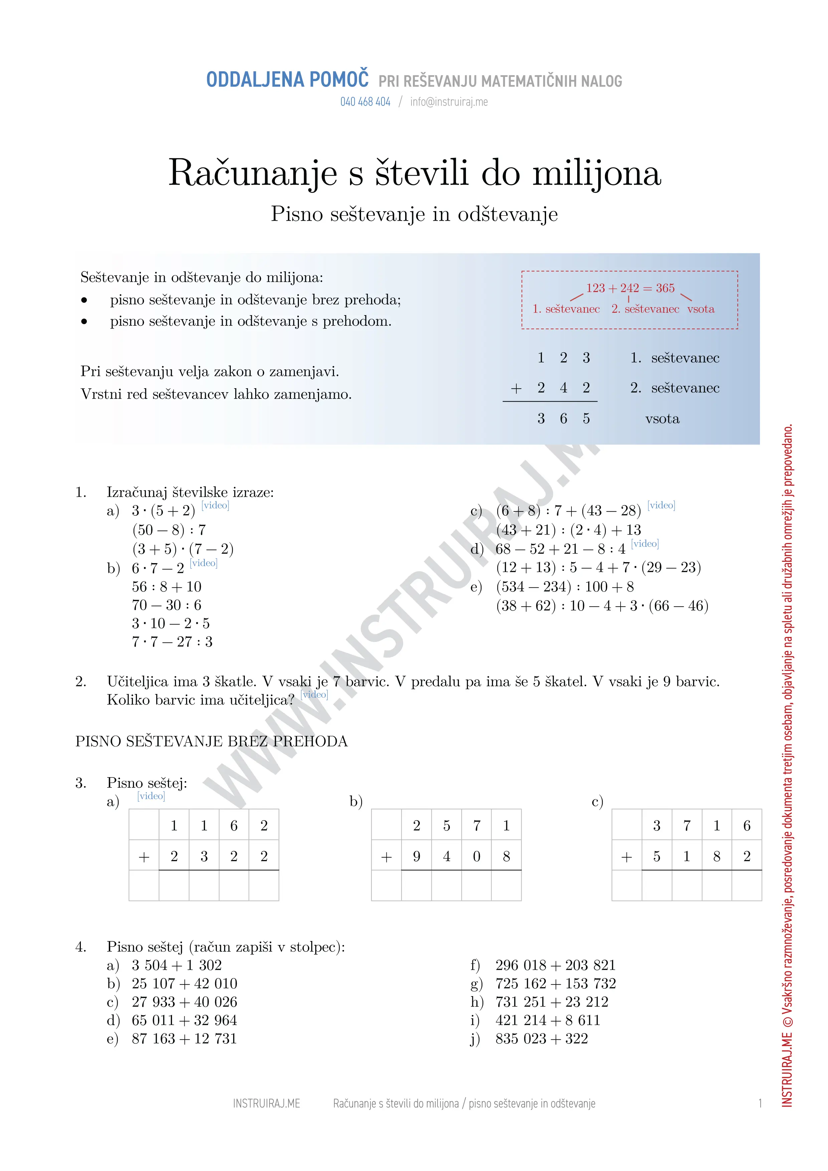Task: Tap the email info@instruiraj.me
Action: point(449,102)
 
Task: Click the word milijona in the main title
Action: point(597,173)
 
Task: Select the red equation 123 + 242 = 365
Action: point(630,288)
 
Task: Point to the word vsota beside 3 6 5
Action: point(662,419)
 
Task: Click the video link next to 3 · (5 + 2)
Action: point(215,505)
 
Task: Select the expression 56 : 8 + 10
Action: point(166,587)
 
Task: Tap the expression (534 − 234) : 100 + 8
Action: point(565,587)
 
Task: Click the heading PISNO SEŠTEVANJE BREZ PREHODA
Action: point(211,741)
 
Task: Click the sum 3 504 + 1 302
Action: point(176,965)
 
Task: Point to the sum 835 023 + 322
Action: point(541,1038)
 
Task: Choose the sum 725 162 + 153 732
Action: point(555,983)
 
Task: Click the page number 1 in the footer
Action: point(760,1104)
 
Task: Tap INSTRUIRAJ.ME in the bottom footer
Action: point(266,1104)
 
